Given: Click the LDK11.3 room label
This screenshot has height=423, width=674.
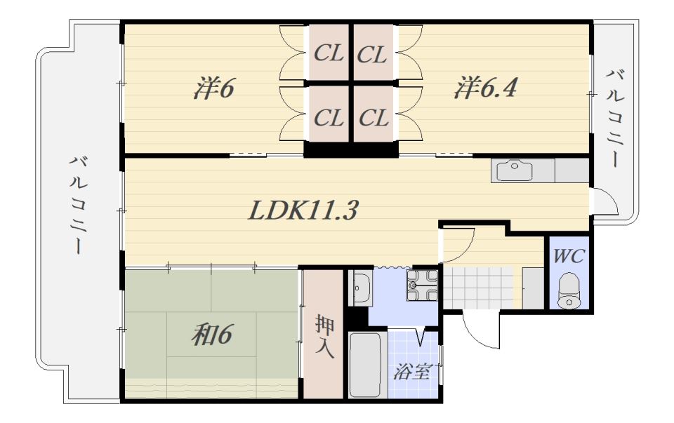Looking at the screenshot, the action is click(303, 211).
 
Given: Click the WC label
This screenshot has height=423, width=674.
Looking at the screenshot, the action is click(568, 256).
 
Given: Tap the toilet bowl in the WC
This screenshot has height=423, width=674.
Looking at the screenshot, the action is click(569, 291).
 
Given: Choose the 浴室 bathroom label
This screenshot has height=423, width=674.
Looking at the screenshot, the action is click(412, 371).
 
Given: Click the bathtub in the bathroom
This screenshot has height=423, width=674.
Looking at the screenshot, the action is click(365, 365).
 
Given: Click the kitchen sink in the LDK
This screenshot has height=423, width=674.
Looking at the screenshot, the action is click(515, 170).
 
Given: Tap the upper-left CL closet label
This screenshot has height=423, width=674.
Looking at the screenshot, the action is click(329, 54).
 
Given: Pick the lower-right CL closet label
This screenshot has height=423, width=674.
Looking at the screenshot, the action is click(373, 118).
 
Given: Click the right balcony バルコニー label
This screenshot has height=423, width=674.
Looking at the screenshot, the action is click(614, 118).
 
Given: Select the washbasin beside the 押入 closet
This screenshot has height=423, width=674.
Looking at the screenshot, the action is click(361, 288).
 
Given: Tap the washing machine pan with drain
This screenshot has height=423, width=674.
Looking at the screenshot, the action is click(422, 285).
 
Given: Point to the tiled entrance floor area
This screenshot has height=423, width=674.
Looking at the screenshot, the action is click(478, 288).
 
